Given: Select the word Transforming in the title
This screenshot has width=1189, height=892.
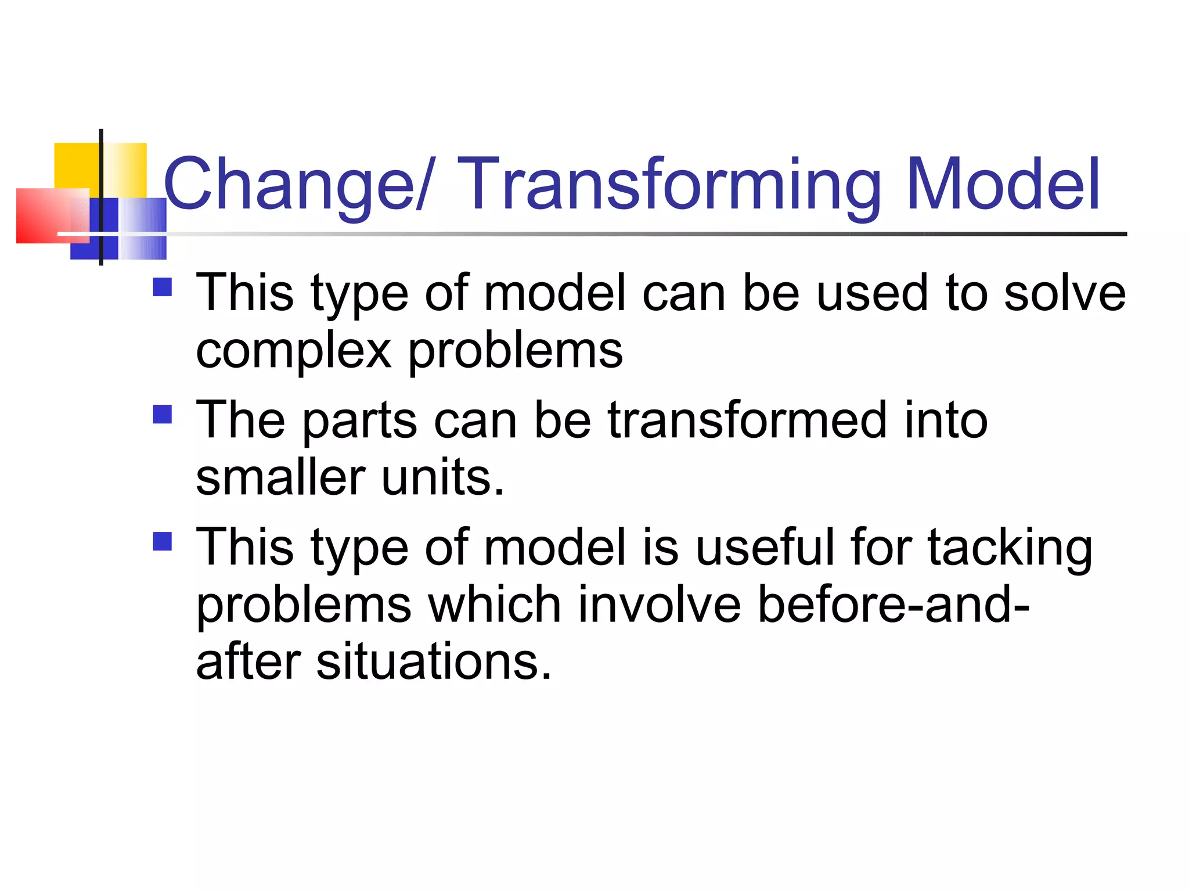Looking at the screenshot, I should point(671,185).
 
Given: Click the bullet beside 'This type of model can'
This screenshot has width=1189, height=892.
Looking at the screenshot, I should point(163,287).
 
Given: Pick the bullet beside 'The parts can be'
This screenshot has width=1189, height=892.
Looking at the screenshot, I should point(163,415).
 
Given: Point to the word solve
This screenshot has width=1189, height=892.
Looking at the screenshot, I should point(1065,293).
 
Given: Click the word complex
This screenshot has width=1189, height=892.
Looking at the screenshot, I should point(294,352).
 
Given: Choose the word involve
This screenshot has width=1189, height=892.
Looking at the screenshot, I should point(660,605).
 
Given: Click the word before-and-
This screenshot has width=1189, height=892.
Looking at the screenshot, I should point(893,605).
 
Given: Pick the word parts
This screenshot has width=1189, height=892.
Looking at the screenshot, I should point(359,422).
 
